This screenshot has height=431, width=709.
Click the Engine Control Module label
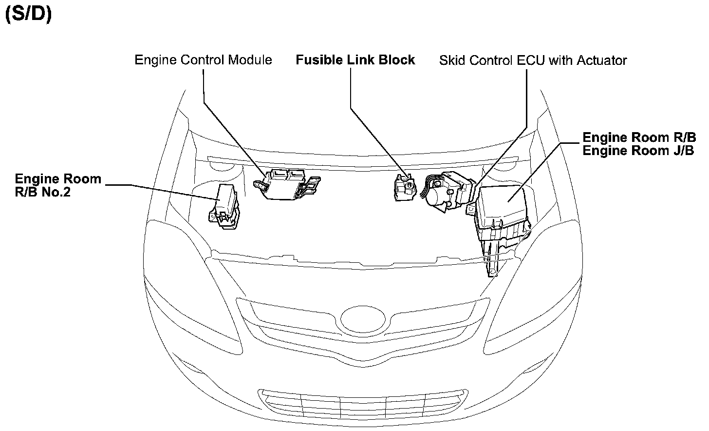click(x=203, y=60)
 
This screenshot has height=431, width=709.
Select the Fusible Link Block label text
click(x=355, y=60)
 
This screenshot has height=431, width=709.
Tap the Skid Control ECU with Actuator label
click(x=533, y=60)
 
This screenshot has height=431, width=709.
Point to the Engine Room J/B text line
click(x=638, y=150)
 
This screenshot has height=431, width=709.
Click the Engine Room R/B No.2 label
click(x=58, y=185)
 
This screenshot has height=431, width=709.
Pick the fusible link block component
click(x=404, y=188)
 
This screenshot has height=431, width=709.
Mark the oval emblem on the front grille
click(x=364, y=319)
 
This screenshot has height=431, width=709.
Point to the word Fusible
click(x=320, y=60)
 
